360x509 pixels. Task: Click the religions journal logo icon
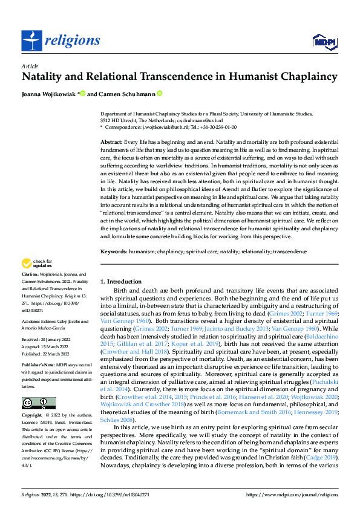pyautogui.click(x=34, y=40)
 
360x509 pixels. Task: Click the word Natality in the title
pyautogui.click(x=45, y=77)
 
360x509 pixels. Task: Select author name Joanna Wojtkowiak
pyautogui.click(x=49, y=94)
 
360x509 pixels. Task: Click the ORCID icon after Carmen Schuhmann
pyautogui.click(x=160, y=93)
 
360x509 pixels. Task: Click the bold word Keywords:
pyautogui.click(x=115, y=250)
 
